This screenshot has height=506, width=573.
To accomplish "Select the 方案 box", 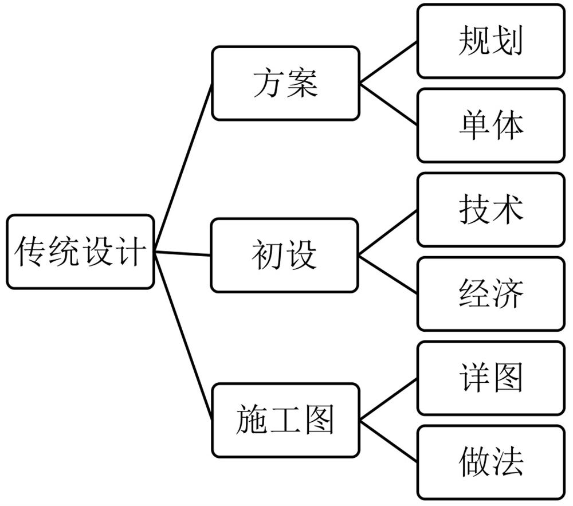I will click(285, 83).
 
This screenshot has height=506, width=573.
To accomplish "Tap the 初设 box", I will click(285, 255).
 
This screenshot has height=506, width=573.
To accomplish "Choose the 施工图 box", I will click(285, 420).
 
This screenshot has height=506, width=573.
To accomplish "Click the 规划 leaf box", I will click(490, 41).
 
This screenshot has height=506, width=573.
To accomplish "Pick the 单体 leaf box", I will click(490, 125).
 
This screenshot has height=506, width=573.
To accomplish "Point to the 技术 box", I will click(490, 210).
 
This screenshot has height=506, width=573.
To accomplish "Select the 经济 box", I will click(490, 293).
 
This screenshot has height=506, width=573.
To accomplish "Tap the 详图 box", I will click(490, 378).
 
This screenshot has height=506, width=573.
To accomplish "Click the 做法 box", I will click(490, 462).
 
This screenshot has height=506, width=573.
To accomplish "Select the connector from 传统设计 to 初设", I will click(183, 253).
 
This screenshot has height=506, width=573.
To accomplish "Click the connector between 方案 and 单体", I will click(388, 104).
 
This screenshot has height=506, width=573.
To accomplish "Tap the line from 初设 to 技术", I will click(388, 232).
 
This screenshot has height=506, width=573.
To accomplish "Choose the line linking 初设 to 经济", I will click(388, 274).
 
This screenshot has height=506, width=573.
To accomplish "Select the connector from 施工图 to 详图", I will click(388, 399).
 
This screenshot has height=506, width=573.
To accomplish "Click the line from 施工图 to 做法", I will click(388, 441).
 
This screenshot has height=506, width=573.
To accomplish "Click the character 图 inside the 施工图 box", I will click(319, 421).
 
